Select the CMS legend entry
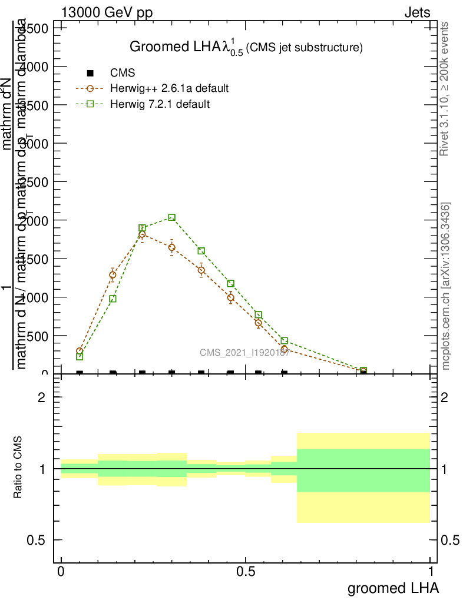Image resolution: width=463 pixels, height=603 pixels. [123, 73]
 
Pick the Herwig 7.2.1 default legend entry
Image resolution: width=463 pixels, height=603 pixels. [160, 104]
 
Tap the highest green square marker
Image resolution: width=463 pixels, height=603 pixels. [171, 217]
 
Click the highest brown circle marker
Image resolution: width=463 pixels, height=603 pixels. [142, 234]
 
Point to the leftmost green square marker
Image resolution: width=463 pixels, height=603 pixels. [80, 356]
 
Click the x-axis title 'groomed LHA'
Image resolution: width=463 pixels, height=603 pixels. [393, 588]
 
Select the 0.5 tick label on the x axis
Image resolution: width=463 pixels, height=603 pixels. [246, 571]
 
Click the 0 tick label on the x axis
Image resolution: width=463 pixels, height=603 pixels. [61, 571]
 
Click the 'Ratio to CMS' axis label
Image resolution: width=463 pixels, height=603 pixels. [19, 469]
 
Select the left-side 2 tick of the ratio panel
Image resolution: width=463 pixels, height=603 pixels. [42, 397]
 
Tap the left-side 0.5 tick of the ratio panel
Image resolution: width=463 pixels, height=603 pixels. [37, 540]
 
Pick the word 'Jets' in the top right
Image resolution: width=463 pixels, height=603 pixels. [416, 13]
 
